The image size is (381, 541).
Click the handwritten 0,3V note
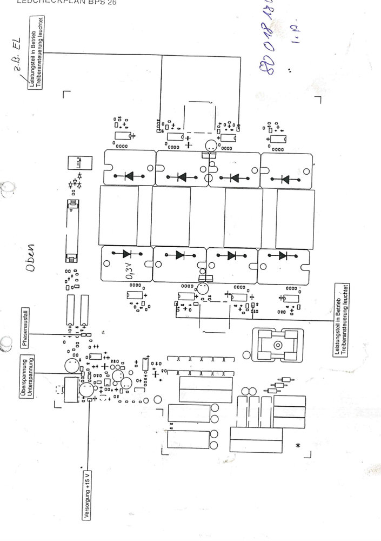(x=131, y=271)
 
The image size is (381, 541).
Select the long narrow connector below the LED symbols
(x=70, y=230)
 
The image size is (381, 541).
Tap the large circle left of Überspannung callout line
(x=71, y=367)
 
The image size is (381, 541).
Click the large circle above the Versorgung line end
(x=86, y=389)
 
